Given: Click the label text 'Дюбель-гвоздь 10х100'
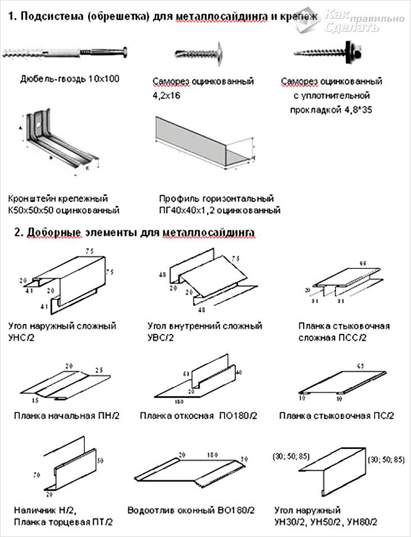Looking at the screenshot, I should [x=70, y=79].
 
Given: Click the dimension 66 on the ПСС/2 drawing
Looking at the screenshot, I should [x=363, y=263].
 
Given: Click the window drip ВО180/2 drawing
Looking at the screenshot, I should [x=191, y=469].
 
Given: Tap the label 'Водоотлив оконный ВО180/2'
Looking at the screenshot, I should [x=191, y=511].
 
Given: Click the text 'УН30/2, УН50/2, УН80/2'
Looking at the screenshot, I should [x=326, y=522].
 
